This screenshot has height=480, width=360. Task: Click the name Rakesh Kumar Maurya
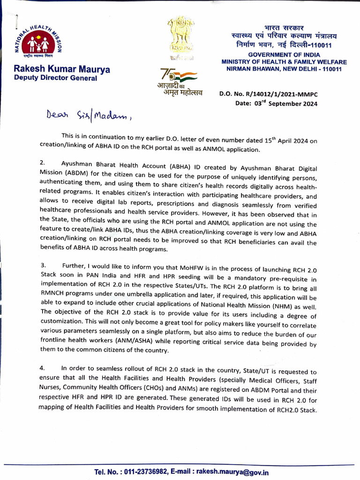tap(62, 70)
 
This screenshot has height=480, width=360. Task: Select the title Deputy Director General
tap(56, 78)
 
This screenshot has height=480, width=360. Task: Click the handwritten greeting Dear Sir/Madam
tap(89, 115)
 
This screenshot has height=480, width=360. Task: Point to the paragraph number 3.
tap(42, 265)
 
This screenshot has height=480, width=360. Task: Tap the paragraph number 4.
tap(42, 368)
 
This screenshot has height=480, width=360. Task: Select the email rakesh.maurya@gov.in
tap(232, 472)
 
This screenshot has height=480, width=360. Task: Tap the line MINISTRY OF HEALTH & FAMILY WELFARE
tap(284, 62)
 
